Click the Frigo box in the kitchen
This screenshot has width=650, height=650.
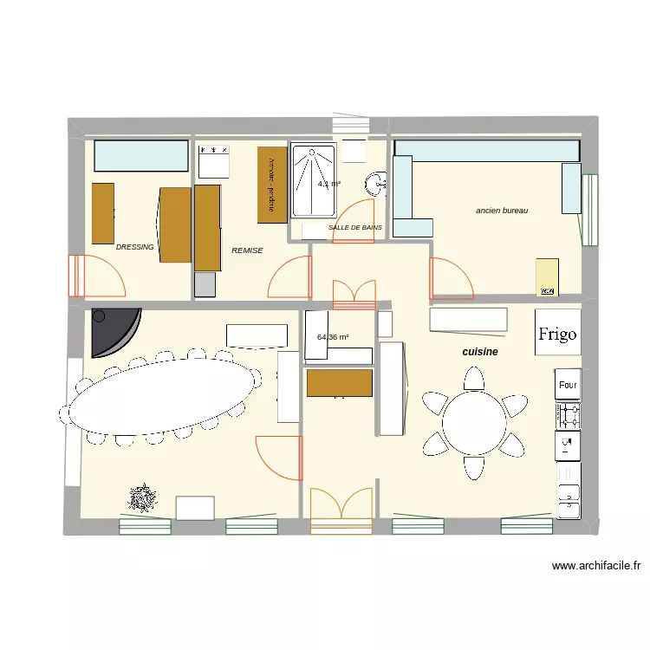click(556, 334)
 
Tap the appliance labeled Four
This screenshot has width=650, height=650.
click(568, 385)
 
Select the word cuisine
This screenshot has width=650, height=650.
click(480, 352)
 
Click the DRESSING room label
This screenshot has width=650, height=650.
click(134, 247)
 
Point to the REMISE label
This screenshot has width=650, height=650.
click(247, 250)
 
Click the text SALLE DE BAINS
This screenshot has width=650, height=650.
click(354, 228)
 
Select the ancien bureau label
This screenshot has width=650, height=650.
click(502, 211)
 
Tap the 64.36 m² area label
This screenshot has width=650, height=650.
click(333, 337)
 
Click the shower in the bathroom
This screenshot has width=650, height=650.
click(314, 181)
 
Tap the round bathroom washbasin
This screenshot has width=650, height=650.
click(376, 185)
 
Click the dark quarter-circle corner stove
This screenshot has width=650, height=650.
click(111, 330)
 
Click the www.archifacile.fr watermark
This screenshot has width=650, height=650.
click(595, 566)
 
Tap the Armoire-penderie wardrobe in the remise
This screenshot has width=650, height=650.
click(271, 185)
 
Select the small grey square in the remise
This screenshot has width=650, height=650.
click(205, 284)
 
